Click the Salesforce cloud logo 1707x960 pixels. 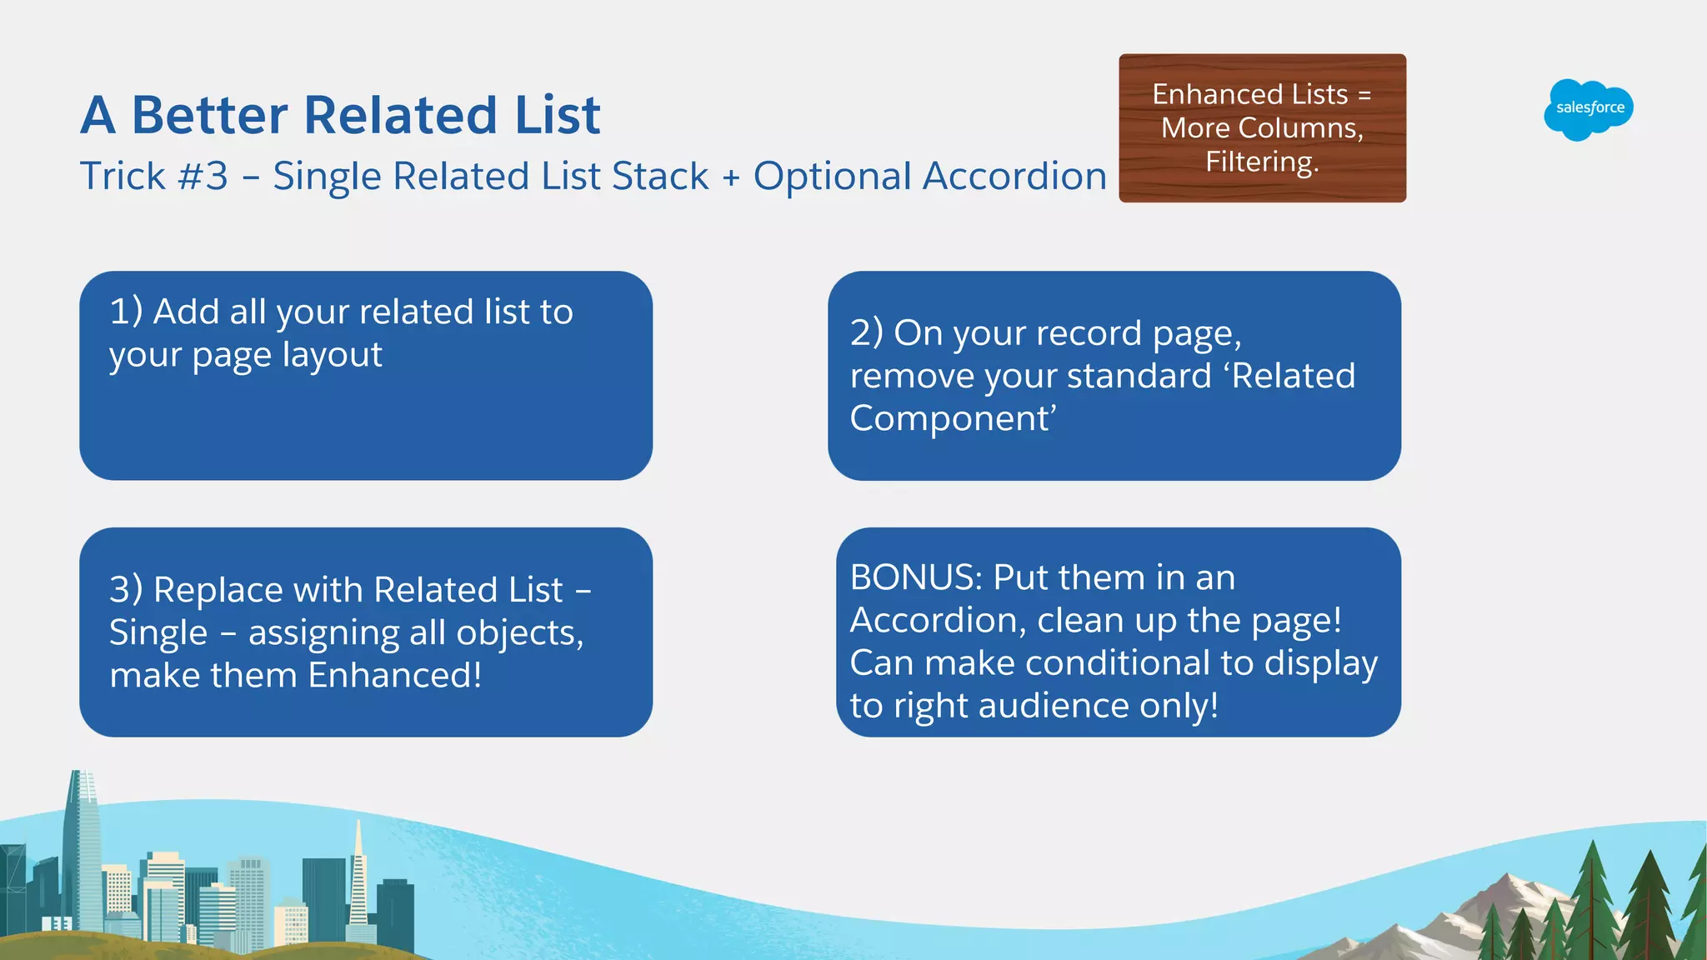1589,109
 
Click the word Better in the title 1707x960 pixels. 209,115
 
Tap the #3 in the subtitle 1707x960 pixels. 203,177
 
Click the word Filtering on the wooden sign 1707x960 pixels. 1261,162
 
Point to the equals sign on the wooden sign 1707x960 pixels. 1364,95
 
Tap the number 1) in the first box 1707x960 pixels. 126,312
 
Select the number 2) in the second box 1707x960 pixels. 866,333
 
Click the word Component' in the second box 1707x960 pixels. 953,418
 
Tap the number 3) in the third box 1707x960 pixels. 126,590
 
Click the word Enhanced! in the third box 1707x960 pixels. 394,675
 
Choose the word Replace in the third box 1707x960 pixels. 218,590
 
